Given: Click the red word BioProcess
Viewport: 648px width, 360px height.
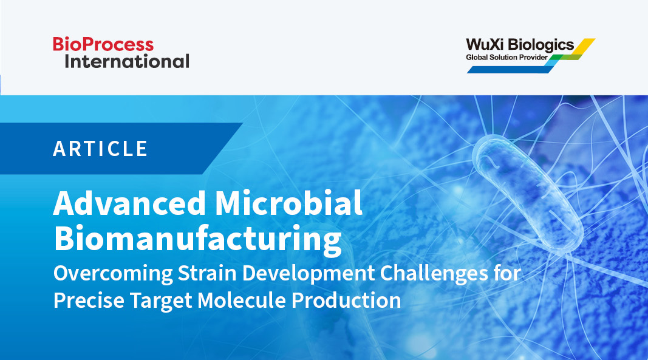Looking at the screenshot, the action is pyautogui.click(x=103, y=44).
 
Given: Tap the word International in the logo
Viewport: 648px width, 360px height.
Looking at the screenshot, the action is pyautogui.click(x=127, y=61).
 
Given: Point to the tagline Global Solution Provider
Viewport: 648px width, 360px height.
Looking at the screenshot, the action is pyautogui.click(x=506, y=58).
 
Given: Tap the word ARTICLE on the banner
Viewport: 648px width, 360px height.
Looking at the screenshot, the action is pyautogui.click(x=100, y=149).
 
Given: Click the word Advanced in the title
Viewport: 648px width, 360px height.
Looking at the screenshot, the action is pyautogui.click(x=129, y=203).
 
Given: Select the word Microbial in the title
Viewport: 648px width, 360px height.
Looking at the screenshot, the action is pyautogui.click(x=289, y=203).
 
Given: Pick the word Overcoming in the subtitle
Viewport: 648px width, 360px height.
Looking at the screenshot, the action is pyautogui.click(x=113, y=274).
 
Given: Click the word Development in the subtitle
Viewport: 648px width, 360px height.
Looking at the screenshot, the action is pyautogui.click(x=309, y=274).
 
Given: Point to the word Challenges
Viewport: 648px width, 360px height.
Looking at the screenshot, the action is pyautogui.click(x=434, y=274).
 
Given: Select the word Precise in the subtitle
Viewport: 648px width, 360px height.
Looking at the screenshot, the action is pyautogui.click(x=89, y=301).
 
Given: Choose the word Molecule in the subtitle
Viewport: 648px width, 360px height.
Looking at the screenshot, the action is pyautogui.click(x=241, y=301).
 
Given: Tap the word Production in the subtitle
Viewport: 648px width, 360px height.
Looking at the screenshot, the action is pyautogui.click(x=346, y=301).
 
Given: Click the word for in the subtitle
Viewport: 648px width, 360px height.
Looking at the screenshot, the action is pyautogui.click(x=506, y=273).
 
